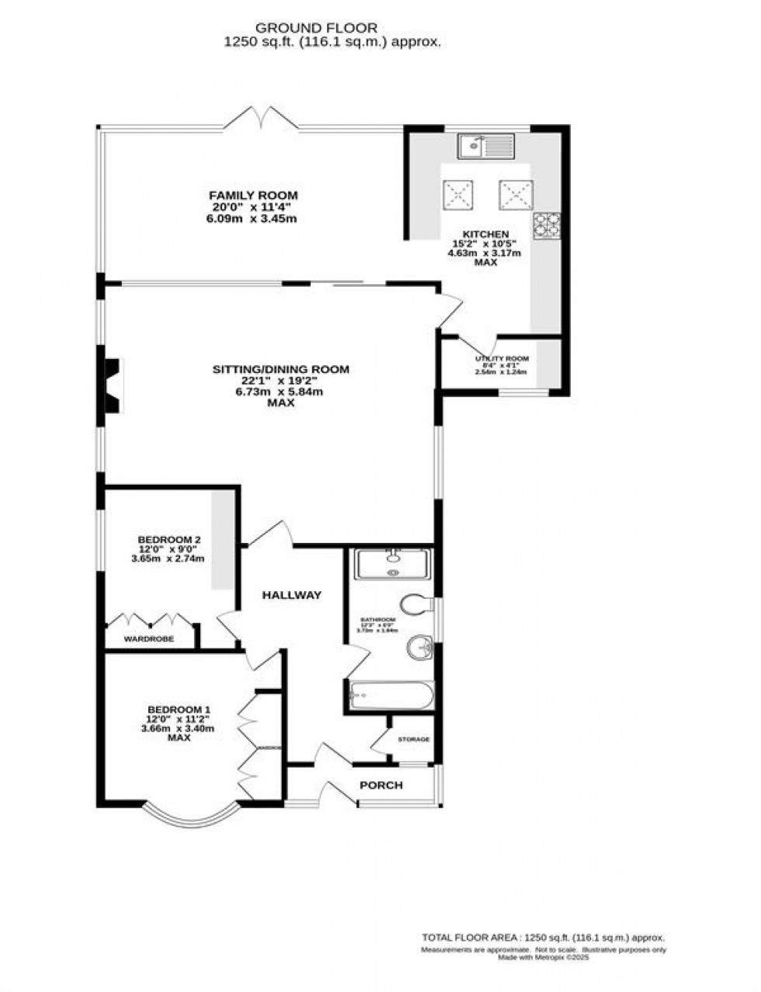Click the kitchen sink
pos(485,145)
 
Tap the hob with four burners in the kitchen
pos(545,225)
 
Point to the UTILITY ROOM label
pos(502,359)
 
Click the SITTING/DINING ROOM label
pos(281,369)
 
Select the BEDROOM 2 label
pos(169,539)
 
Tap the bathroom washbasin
pos(420,646)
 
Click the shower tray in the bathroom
pos(393,564)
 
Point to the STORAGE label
pos(413,739)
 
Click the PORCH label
pos(380,785)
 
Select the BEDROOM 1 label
pos(179,709)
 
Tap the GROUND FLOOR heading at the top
pos(332,28)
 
